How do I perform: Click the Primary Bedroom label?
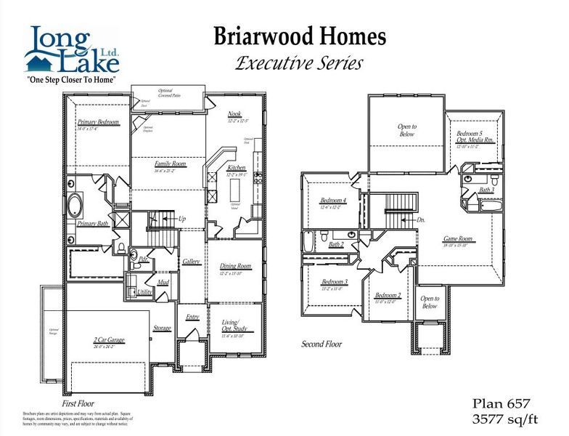click(98, 122)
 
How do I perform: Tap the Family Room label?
click(171, 164)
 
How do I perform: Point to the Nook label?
click(234, 113)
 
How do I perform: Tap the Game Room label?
click(458, 239)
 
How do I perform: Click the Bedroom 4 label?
click(334, 201)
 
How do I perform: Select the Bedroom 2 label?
click(388, 296)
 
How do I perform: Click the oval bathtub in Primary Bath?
click(76, 206)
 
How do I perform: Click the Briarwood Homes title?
click(299, 37)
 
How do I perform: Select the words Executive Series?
click(299, 63)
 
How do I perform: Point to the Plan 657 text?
click(502, 403)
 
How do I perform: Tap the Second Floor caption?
click(322, 344)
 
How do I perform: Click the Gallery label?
click(192, 262)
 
